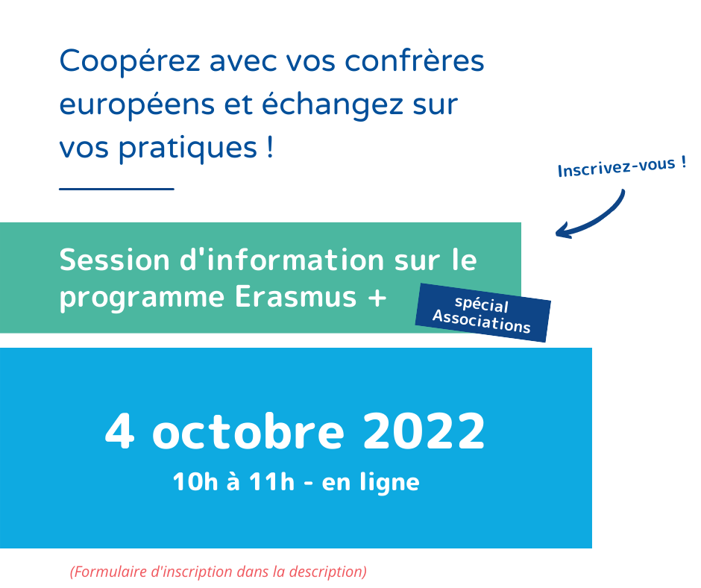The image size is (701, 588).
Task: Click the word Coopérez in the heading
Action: click(x=130, y=62)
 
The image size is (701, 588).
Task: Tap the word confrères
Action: click(x=415, y=61)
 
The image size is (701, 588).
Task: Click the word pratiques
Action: click(x=188, y=148)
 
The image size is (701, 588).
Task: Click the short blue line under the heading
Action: click(x=116, y=189)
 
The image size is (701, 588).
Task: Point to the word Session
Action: click(x=114, y=260)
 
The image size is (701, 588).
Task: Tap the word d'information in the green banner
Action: click(x=282, y=260)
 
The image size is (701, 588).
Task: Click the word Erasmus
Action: click(x=296, y=297)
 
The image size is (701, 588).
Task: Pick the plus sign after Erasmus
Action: click(x=377, y=298)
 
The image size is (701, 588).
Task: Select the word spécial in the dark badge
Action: click(x=482, y=304)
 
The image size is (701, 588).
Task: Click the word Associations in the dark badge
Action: click(x=482, y=322)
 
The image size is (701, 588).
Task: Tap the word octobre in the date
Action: click(x=248, y=432)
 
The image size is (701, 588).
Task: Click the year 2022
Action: click(x=424, y=431)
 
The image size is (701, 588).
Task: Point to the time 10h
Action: click(x=195, y=482)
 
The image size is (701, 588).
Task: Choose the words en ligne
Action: click(x=371, y=483)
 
